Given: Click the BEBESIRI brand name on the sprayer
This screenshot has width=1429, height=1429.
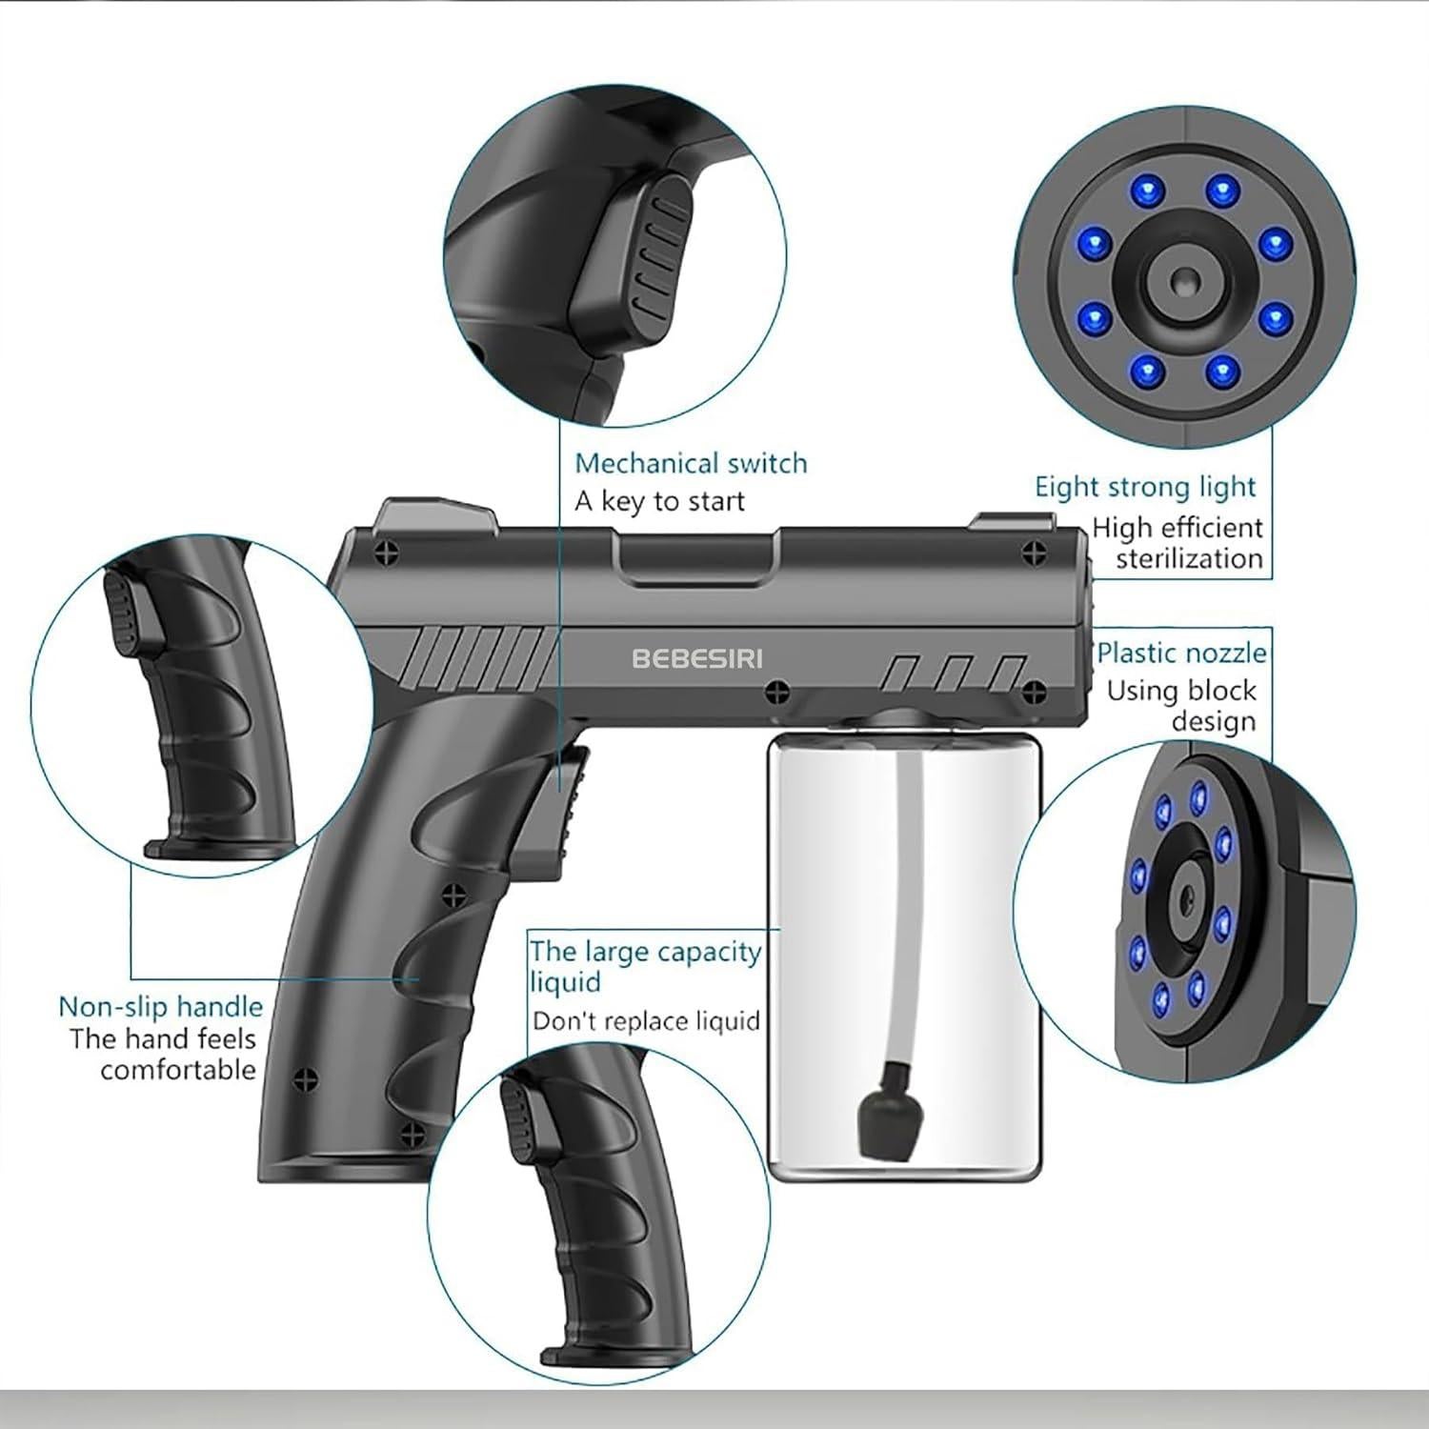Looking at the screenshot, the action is (696, 658).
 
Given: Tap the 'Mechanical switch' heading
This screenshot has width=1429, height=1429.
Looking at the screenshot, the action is (691, 464).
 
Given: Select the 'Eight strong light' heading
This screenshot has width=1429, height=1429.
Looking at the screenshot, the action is (1145, 487).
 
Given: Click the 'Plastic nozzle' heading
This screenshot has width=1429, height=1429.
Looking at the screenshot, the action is (1181, 654).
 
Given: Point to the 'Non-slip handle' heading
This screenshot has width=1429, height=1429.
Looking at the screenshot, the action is (160, 1007).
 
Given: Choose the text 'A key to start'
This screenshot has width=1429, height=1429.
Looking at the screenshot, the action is (659, 501).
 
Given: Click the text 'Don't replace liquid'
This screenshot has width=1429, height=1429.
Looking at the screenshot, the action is (646, 1021).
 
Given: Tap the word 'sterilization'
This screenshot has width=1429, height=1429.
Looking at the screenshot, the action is (1189, 558).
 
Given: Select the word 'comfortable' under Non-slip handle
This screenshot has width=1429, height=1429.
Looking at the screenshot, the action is (178, 1070).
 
